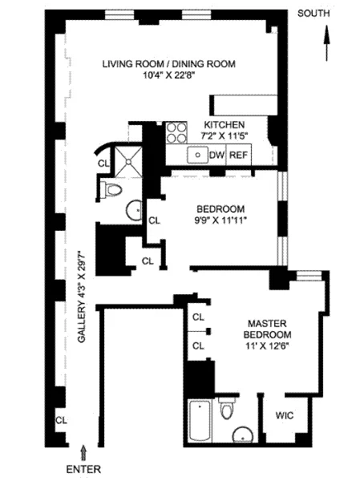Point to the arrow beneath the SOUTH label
point(326,40)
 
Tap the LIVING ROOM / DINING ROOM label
point(169,65)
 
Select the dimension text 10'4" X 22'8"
point(169,76)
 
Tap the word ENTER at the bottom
point(84,467)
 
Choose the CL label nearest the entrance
point(61,420)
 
